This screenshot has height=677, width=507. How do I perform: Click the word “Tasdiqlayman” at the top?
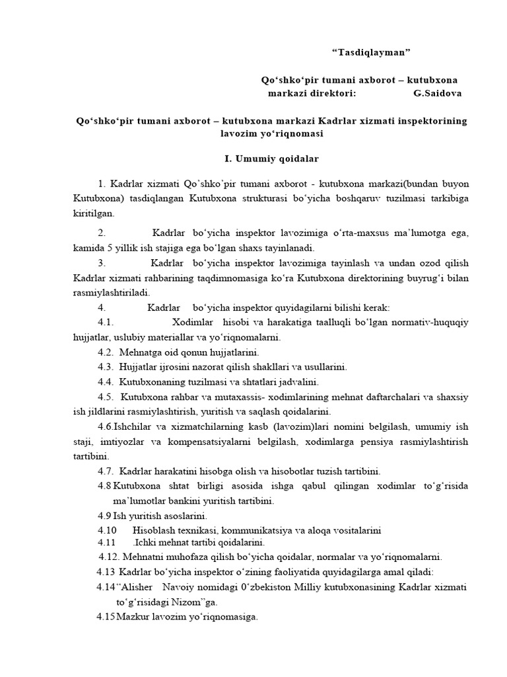(374, 52)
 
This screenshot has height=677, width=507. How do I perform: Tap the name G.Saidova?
(438, 93)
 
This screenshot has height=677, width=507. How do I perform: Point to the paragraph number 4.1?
(106, 323)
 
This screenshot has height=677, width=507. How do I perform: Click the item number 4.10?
(107, 530)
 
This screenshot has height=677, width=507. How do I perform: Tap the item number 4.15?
(106, 617)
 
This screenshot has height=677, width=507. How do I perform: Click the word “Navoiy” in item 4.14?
(186, 588)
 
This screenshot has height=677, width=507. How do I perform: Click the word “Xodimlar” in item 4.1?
(193, 323)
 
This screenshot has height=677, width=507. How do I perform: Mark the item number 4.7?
(106, 471)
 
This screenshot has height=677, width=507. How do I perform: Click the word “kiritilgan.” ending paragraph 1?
(94, 213)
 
